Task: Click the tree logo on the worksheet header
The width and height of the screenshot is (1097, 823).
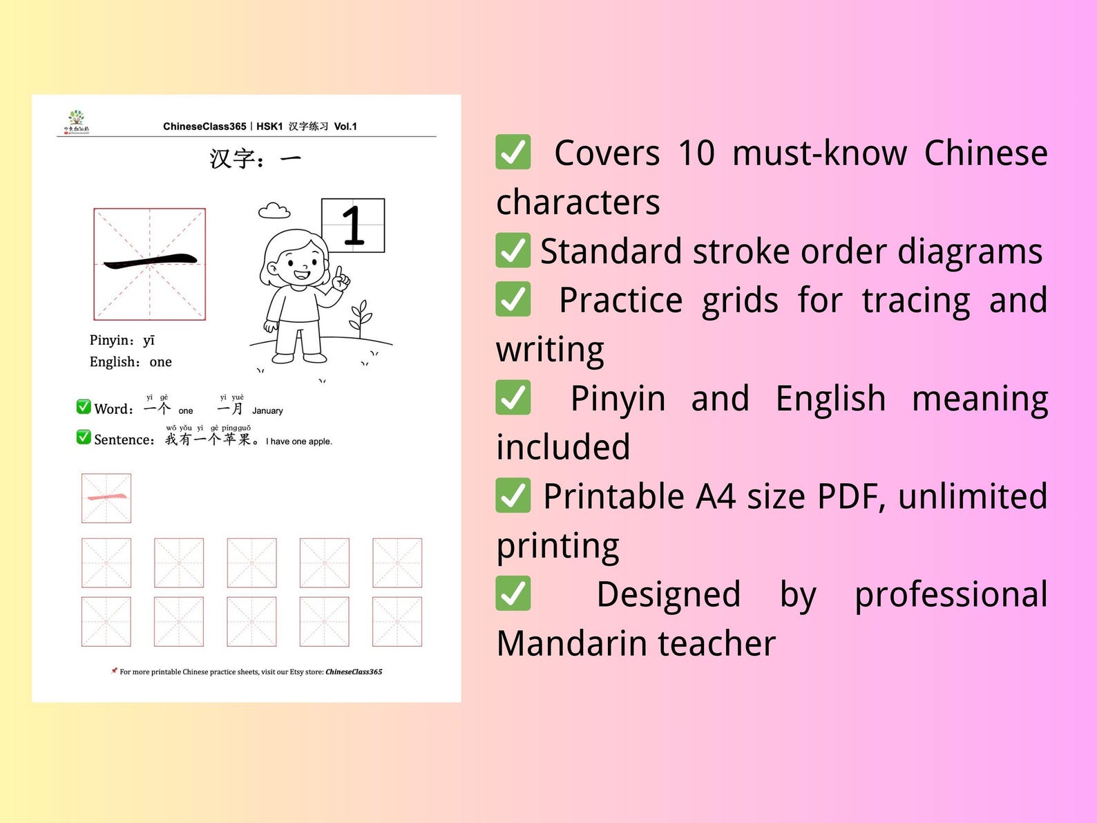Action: [77, 120]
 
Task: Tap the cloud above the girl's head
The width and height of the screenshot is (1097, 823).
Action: [274, 210]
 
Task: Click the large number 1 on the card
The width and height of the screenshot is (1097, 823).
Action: [353, 225]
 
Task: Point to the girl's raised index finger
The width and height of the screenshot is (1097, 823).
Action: [339, 272]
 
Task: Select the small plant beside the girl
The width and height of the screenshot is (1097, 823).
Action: [361, 319]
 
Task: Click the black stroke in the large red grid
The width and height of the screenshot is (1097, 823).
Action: [150, 261]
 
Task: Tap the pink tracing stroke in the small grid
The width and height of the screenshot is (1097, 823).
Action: [106, 497]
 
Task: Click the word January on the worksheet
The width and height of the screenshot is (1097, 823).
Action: [267, 410]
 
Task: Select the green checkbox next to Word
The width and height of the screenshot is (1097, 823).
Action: [84, 406]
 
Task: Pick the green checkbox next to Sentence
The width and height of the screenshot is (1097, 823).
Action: [84, 437]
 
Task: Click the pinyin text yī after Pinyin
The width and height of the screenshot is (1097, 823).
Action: [149, 340]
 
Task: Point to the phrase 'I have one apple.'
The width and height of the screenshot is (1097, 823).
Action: [299, 442]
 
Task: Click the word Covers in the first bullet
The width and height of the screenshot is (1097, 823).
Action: [607, 153]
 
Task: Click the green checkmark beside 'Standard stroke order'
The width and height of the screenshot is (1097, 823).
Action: [513, 250]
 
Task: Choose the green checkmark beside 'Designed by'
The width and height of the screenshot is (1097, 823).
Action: [513, 594]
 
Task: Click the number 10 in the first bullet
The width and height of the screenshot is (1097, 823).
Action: [696, 153]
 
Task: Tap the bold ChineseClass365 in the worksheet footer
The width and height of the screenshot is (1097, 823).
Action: [354, 672]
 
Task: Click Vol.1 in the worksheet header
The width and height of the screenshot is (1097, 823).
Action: [345, 126]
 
